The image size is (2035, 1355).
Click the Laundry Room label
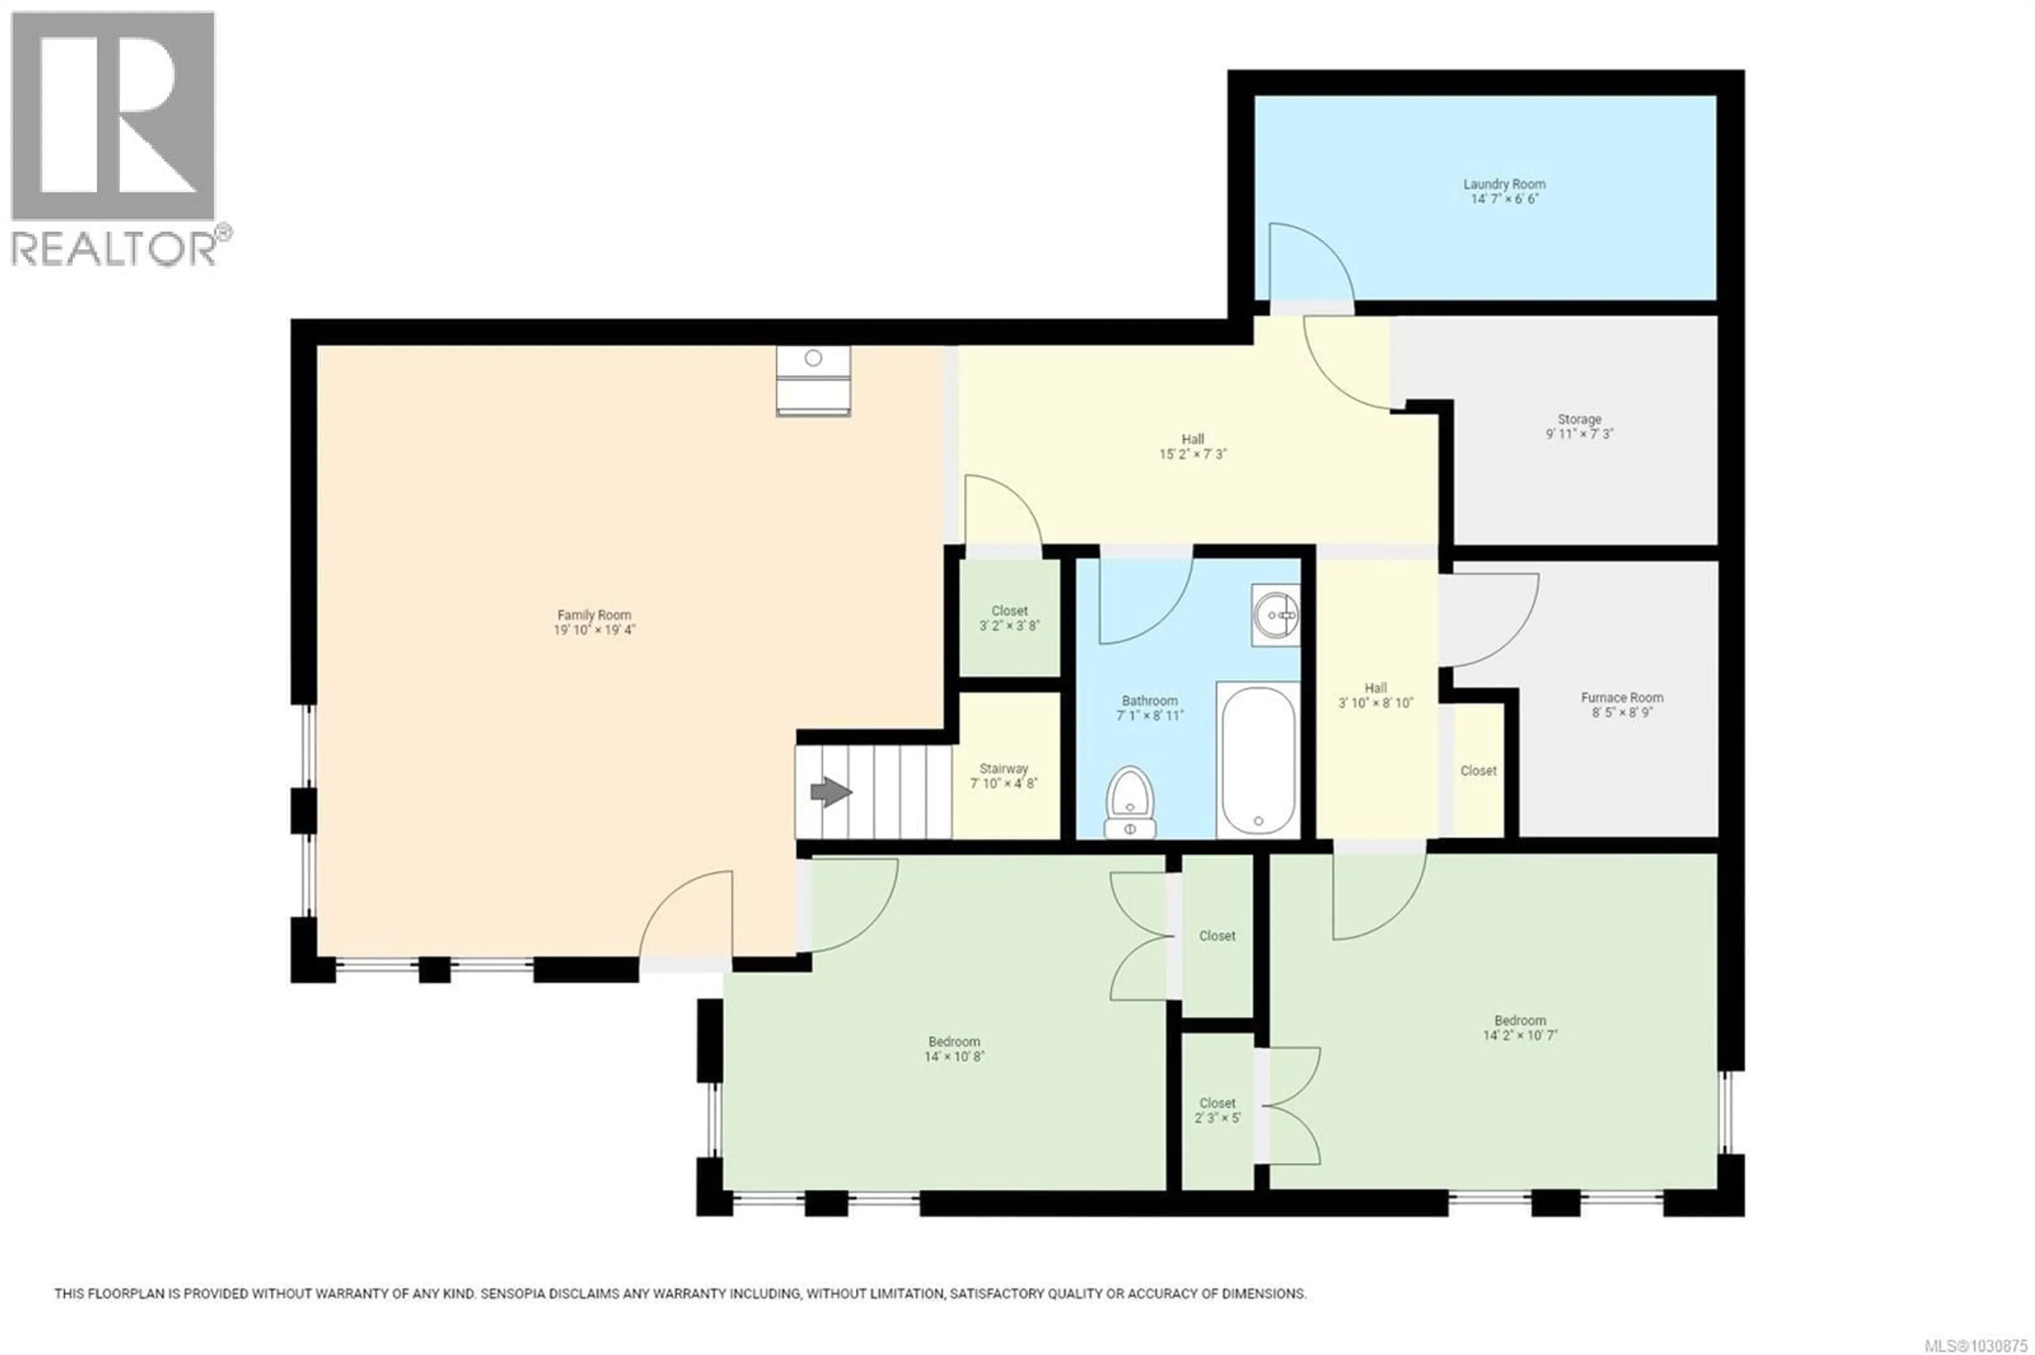click(1503, 184)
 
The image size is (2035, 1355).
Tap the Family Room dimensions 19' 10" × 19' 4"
click(594, 630)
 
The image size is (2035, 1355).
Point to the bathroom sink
click(1275, 614)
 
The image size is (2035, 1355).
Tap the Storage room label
click(1579, 419)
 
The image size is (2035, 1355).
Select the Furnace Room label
click(1622, 698)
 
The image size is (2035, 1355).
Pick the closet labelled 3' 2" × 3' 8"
click(1009, 618)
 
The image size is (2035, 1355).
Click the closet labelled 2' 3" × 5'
click(1217, 1110)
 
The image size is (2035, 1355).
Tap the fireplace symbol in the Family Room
click(812, 380)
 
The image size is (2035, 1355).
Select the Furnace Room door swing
click(1487, 618)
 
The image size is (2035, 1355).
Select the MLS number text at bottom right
click(1975, 1345)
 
